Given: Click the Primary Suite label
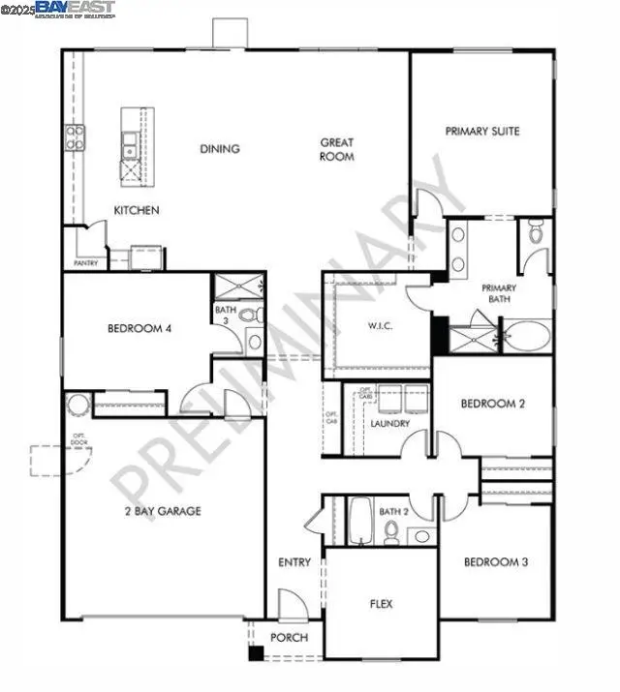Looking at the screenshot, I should [x=482, y=131].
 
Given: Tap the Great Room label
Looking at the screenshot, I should [x=337, y=149].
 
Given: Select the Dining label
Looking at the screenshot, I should [x=220, y=149].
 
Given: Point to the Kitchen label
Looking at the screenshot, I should [x=137, y=210].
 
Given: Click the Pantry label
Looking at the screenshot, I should [x=85, y=262].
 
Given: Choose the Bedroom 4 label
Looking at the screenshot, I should [x=139, y=329].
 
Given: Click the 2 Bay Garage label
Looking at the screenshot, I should [x=162, y=510].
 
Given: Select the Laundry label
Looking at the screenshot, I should [x=390, y=424].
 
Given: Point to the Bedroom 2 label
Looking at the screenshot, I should [x=492, y=404].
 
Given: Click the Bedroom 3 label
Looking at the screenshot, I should [x=495, y=562].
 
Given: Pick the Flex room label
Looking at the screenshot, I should [x=382, y=604].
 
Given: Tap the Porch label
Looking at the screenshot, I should [x=290, y=638].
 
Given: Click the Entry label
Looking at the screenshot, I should [x=294, y=562].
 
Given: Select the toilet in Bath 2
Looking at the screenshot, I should [x=391, y=531].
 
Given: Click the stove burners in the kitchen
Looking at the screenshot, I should [x=74, y=137].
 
